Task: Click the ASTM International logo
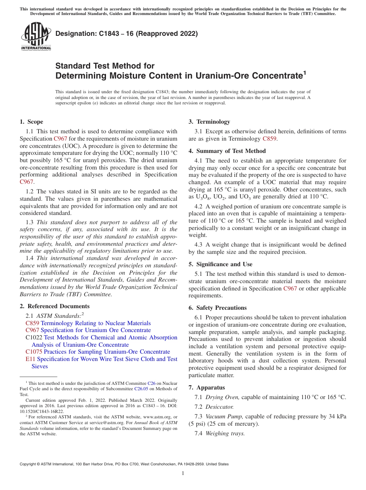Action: [x=35, y=37]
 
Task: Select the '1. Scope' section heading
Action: [x=32, y=122]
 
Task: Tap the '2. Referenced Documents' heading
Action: [x=55, y=306]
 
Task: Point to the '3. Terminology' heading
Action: [x=209, y=122]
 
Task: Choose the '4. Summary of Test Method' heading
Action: [x=227, y=151]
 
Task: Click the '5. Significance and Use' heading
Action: [x=221, y=264]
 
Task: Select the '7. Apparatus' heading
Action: [x=207, y=388]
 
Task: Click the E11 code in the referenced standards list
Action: [x=30, y=359]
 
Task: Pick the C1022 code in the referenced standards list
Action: [x=34, y=337]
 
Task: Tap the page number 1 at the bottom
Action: [x=183, y=473]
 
